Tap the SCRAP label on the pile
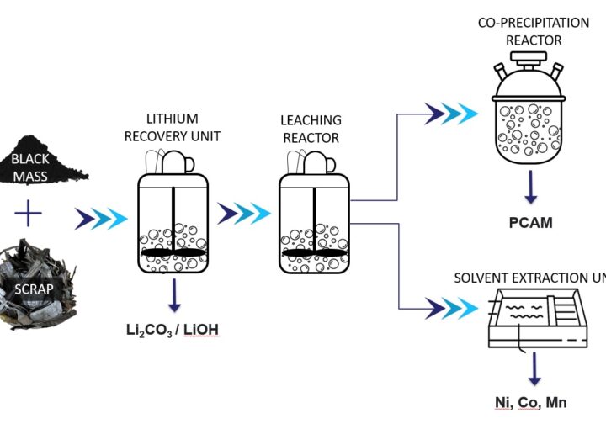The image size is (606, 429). click(34, 289)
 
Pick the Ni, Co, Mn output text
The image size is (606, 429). click(530, 402)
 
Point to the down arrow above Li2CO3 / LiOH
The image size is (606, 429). click(173, 294)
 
